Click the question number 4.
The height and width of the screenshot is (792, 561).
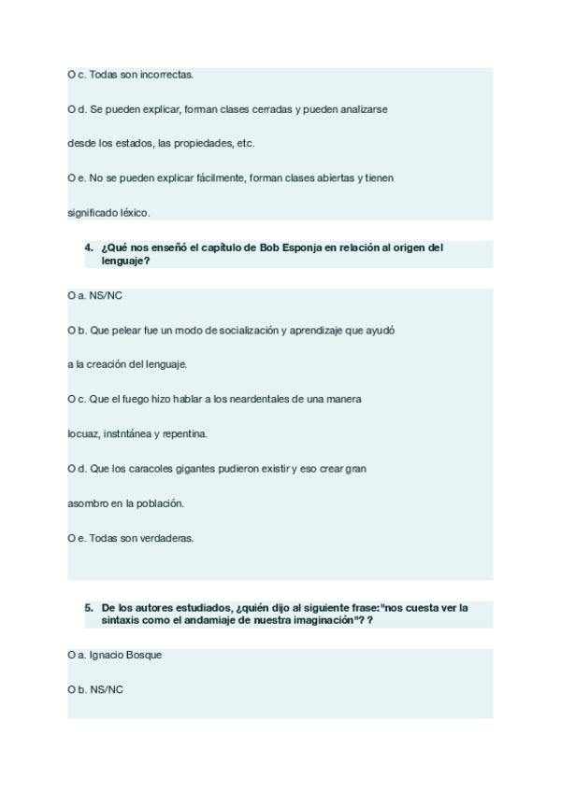[x=88, y=247]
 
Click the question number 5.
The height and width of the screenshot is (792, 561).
[x=88, y=607]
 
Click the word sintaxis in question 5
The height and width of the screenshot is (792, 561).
[x=123, y=620]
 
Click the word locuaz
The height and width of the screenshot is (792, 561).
[x=81, y=433]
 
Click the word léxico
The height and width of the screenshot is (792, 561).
[x=134, y=212]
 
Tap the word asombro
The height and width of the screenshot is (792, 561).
[x=87, y=502]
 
